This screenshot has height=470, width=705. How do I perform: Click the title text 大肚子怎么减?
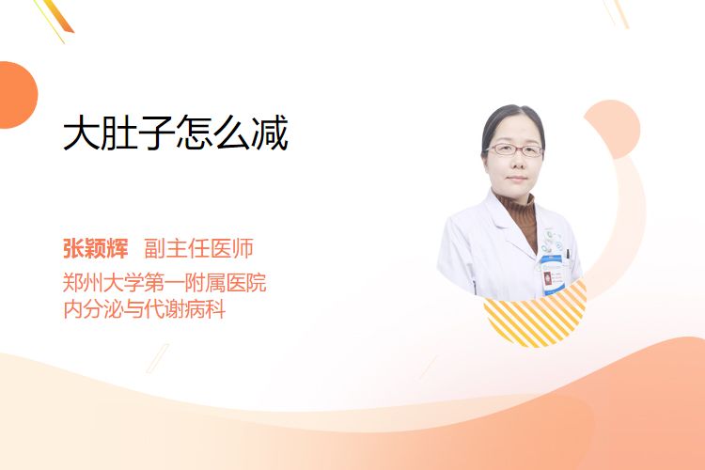tap(176, 133)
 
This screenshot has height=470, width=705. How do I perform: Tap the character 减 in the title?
tap(270, 133)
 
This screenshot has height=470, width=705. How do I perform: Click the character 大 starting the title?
tap(82, 133)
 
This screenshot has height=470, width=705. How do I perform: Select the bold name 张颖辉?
tap(95, 248)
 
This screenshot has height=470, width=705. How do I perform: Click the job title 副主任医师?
tap(198, 248)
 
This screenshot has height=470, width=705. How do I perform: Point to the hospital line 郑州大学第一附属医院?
tap(164, 283)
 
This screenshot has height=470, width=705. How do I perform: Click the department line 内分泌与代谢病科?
tap(145, 309)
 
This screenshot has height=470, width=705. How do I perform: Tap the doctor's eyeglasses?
tap(514, 149)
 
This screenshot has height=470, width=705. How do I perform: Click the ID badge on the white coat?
tap(551, 274)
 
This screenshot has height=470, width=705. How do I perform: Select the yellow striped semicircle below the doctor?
tap(535, 315)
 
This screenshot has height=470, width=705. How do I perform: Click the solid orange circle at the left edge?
tap(17, 95)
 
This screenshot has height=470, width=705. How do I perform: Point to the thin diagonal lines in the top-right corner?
tap(617, 13)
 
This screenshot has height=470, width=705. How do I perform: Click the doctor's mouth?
tap(517, 179)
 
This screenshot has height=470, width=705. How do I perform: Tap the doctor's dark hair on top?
tap(512, 117)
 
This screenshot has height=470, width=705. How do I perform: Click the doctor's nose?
tap(517, 163)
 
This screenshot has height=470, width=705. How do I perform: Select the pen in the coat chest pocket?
tap(568, 255)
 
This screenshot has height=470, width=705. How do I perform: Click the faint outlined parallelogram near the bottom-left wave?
tap(158, 358)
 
